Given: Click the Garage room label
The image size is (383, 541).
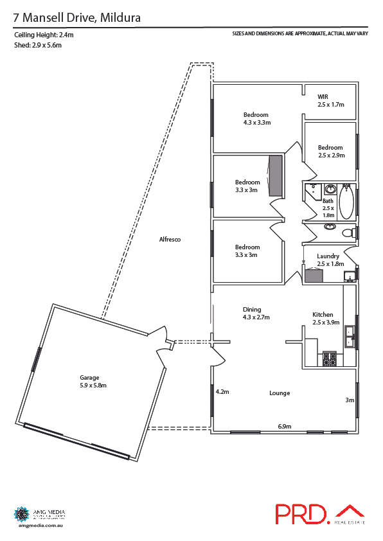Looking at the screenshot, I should [x=93, y=382].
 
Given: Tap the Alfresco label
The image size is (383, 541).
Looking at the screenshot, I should [x=170, y=240].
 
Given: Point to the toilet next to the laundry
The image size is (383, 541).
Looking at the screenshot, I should [x=347, y=232].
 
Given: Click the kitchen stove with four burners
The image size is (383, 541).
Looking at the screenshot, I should [x=330, y=359].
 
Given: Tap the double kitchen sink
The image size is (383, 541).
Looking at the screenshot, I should [x=349, y=336].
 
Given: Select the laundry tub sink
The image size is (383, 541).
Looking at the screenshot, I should [x=349, y=276].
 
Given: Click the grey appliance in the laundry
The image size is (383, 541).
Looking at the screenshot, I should [x=314, y=276].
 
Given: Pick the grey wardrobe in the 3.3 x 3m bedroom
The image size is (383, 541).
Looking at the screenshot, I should [x=276, y=175].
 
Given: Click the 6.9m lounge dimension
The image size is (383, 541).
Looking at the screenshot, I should [x=285, y=426].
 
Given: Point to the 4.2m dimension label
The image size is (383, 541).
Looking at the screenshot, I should [x=222, y=391].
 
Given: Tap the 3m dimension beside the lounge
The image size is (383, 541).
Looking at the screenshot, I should [x=350, y=400].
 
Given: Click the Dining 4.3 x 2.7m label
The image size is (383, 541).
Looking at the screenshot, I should [x=256, y=313].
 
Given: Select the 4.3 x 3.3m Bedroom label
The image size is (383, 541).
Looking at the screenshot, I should [x=256, y=118].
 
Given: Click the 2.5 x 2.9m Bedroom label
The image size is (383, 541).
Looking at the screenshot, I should [x=330, y=151].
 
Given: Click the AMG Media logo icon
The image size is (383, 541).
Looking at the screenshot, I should [x=21, y=514].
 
